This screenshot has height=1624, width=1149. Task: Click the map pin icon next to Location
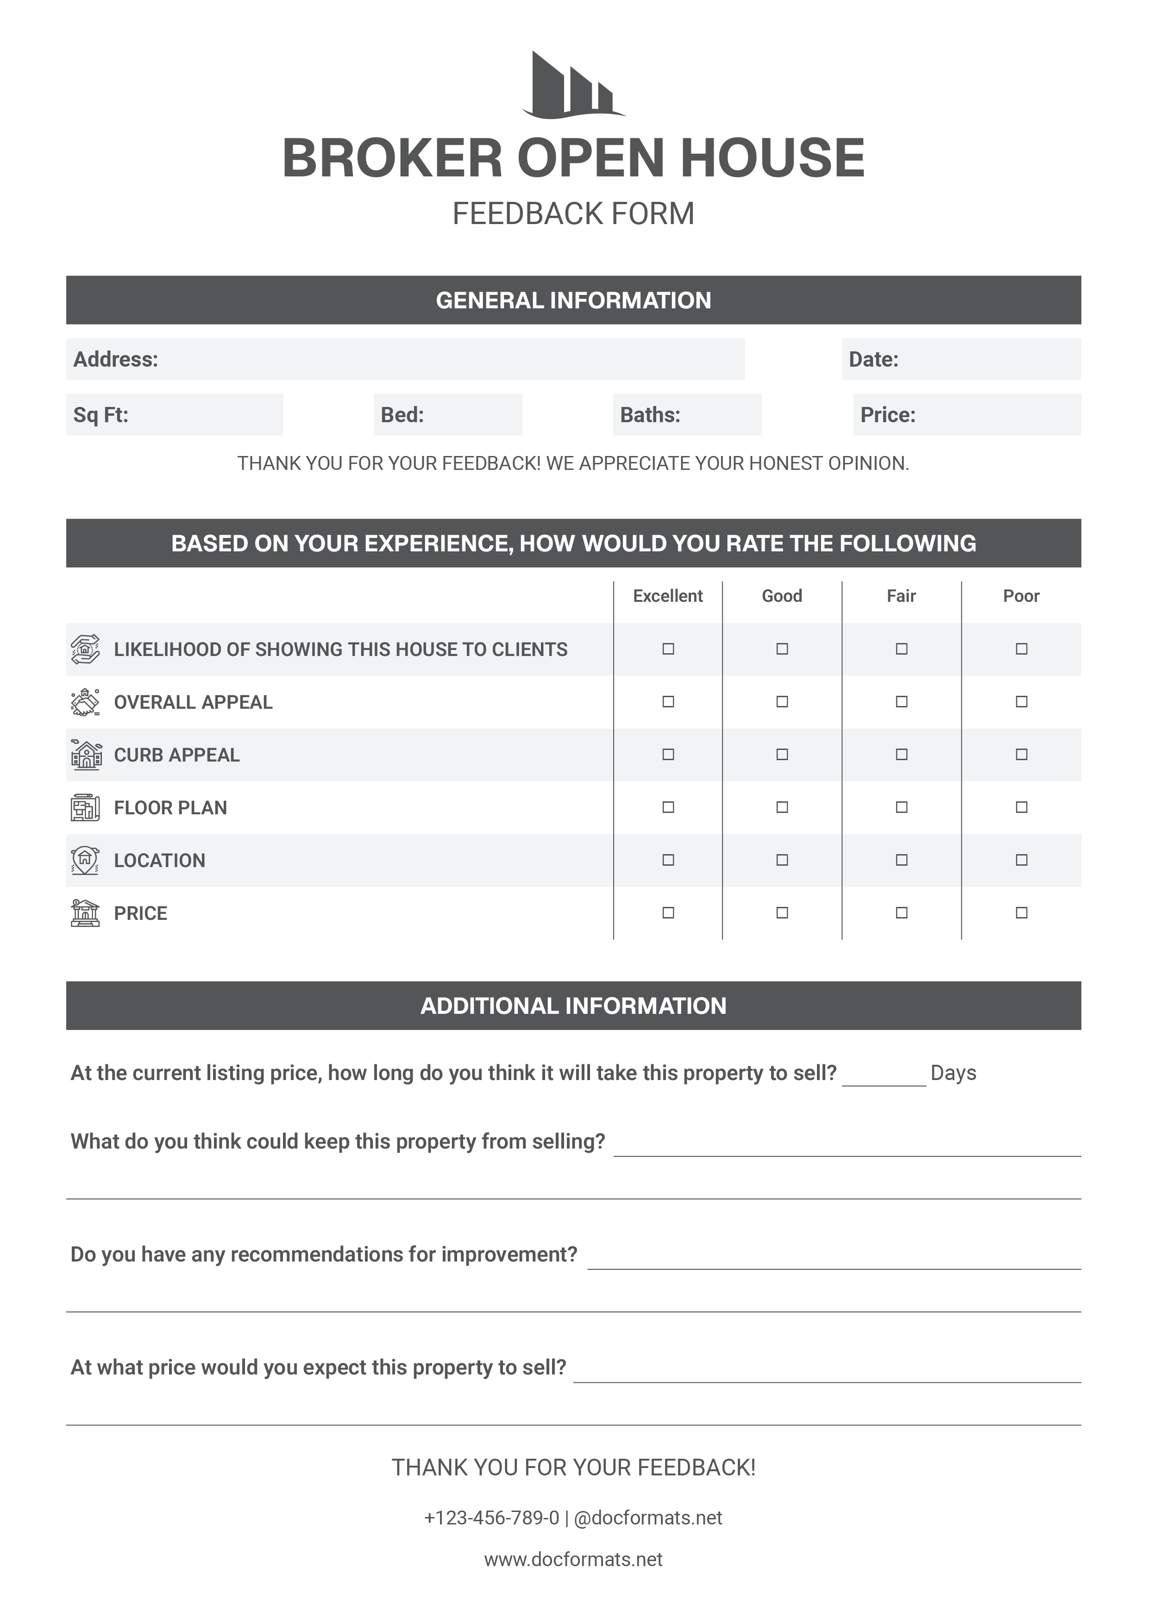coord(85,860)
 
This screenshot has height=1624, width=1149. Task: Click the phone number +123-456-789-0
coord(492,1518)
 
